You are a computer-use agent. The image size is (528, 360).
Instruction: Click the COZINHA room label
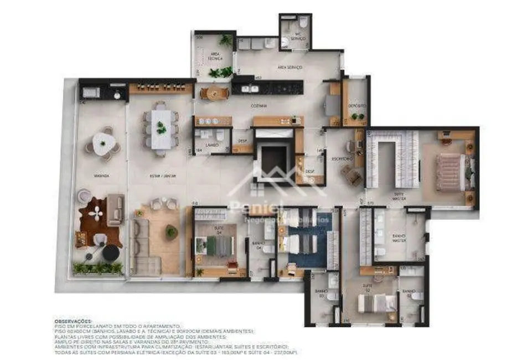[258, 105]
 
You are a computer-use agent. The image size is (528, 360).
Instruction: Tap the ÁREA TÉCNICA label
[215, 56]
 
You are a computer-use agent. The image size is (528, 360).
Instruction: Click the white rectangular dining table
[161, 128]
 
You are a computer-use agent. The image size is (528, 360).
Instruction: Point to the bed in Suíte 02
[377, 302]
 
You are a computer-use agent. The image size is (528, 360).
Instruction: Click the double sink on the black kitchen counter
[246, 88]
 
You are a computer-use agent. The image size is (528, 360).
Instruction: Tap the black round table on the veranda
[110, 253]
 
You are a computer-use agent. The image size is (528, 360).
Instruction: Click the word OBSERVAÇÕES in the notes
[72, 321]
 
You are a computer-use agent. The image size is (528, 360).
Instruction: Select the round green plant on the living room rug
[172, 231]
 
